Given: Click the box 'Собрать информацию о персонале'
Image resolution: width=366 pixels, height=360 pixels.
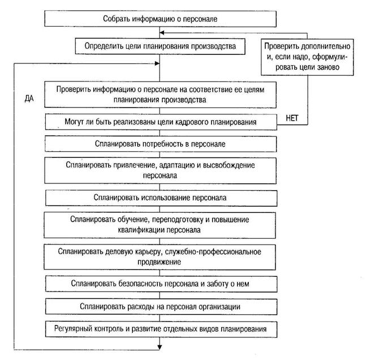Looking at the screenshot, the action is [x=160, y=19].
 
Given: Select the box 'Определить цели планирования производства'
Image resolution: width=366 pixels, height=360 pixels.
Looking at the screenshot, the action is [x=160, y=46].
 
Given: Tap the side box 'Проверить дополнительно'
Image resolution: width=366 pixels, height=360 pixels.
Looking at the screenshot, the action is [x=307, y=57].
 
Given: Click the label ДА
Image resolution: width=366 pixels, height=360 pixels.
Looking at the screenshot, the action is [x=29, y=99].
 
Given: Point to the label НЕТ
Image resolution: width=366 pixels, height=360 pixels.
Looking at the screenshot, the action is [x=292, y=118].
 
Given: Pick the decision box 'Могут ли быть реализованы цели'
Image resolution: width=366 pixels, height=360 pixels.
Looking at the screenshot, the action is [x=161, y=122].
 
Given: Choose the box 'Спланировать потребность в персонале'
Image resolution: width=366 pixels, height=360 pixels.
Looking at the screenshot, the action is [x=161, y=144].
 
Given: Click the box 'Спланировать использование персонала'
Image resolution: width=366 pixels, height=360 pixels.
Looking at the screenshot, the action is [x=161, y=198].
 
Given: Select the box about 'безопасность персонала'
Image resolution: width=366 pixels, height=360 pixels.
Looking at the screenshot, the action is [x=161, y=284].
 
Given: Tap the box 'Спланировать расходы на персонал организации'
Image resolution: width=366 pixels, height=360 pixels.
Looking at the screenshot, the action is [x=161, y=306].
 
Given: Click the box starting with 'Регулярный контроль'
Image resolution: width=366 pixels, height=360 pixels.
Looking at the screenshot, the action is [x=161, y=329].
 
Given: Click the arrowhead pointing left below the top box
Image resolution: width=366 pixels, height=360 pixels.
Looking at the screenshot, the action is [x=162, y=33].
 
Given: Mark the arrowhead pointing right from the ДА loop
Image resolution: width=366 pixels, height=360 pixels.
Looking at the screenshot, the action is [x=157, y=63].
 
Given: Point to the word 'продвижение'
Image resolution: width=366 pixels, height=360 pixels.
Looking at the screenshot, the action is [x=159, y=262].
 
